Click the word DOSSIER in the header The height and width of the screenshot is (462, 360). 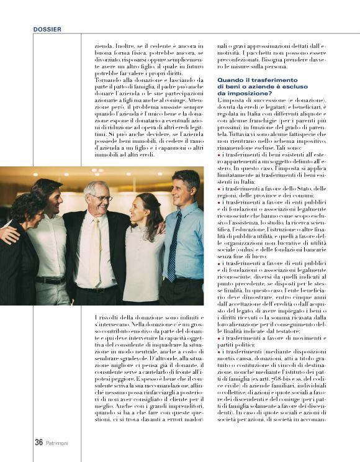pos(47,29)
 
